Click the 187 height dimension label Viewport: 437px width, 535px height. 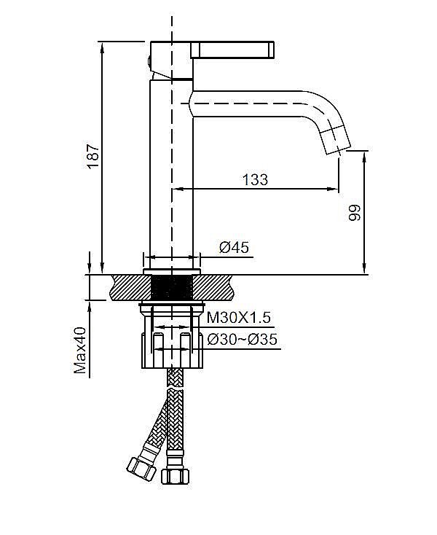(93, 155)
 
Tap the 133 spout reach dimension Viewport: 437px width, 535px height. (254, 179)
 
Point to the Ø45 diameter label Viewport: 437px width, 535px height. (235, 248)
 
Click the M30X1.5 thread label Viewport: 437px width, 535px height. (238, 317)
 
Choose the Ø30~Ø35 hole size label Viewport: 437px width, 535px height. (242, 339)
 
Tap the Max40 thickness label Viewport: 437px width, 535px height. (82, 351)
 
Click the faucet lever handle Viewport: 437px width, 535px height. (233, 50)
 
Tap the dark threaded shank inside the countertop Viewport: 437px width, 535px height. (172, 286)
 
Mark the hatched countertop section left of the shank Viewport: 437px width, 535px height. (127, 286)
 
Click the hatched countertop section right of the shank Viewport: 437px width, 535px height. (217, 286)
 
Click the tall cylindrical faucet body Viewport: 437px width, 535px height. (172, 175)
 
